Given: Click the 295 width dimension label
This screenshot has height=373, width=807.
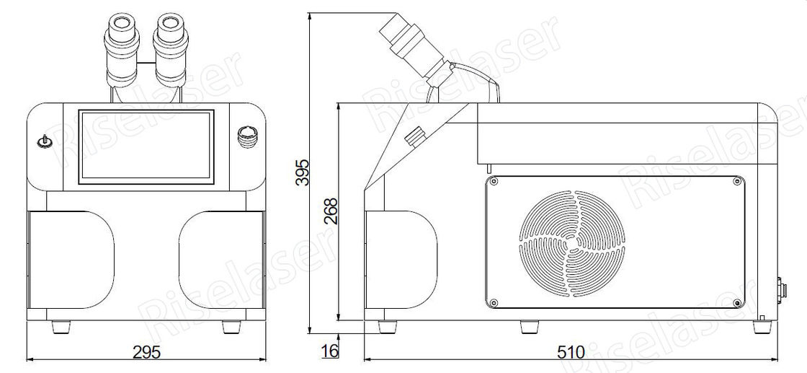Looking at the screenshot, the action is [x=147, y=351].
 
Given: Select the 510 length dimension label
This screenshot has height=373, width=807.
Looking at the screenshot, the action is [x=571, y=352].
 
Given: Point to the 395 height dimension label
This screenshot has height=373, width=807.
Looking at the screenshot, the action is [x=303, y=172].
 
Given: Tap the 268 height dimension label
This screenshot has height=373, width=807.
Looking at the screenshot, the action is [x=333, y=210].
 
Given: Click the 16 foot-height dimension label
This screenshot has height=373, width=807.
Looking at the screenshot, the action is [x=330, y=351].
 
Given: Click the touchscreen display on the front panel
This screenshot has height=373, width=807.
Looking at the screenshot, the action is [x=147, y=146].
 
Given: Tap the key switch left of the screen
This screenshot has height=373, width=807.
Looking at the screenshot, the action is [x=45, y=141].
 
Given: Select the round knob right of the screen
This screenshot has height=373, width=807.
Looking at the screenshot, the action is [x=248, y=138].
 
